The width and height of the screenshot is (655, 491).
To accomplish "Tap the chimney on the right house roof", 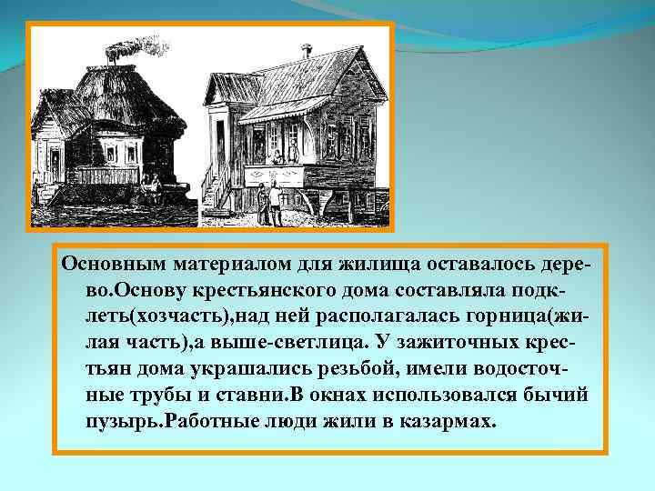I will click(307, 51).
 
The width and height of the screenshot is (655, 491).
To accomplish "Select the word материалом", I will click(229, 264).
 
